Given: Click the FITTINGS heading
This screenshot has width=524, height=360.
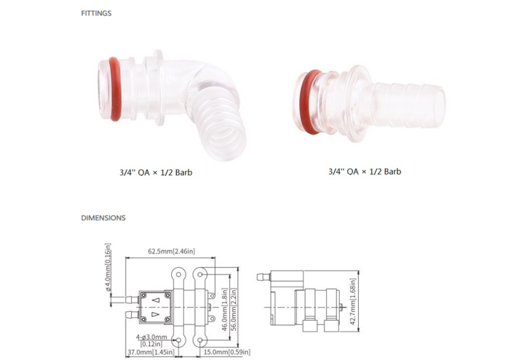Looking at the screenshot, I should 96,13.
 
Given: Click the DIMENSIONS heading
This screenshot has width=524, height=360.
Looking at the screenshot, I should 103,217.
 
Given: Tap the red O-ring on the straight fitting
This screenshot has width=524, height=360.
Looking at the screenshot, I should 306,103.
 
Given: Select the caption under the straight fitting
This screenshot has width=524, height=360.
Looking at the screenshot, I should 364,172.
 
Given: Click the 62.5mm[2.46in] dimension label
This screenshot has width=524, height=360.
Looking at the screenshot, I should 170,252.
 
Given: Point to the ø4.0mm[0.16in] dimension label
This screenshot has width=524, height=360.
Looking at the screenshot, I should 108,266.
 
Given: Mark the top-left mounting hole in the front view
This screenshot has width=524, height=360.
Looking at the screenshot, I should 178,273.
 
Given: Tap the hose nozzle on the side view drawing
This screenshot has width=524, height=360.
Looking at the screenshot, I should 263,279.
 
